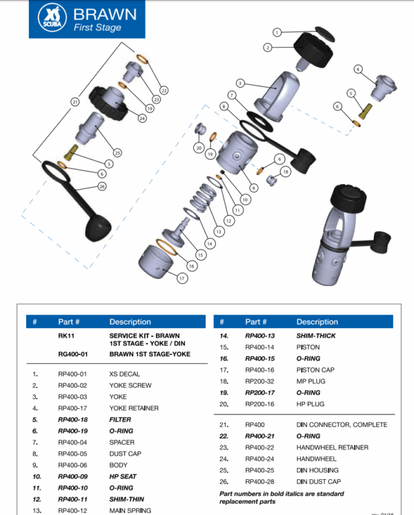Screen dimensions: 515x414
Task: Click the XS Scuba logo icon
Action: [50, 18]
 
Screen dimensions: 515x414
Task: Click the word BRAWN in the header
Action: [104, 14]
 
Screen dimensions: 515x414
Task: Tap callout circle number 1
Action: [277, 32]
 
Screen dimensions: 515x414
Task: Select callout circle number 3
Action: [239, 83]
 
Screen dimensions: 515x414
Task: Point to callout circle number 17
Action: [182, 279]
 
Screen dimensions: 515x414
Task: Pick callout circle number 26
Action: [102, 186]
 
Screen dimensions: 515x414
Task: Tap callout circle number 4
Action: [358, 69]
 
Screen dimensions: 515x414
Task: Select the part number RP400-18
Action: [72, 419]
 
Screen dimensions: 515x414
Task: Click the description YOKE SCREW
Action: [130, 385]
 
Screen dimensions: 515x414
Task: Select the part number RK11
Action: [66, 336]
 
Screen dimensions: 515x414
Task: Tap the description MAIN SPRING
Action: [130, 510]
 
